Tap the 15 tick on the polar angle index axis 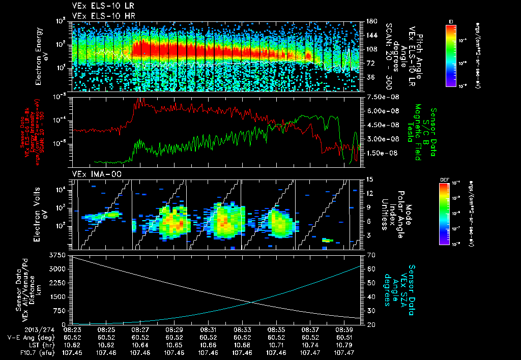click(369, 179)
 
